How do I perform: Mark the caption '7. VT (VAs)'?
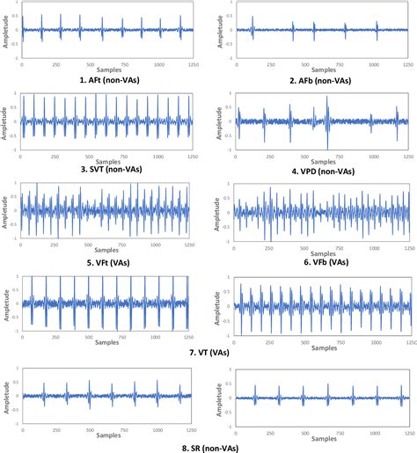209,353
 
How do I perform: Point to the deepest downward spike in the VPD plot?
327,147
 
